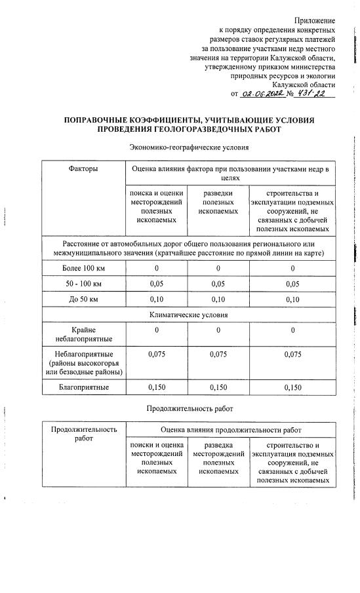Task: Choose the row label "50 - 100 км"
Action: point(83,284)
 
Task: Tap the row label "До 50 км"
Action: point(83,299)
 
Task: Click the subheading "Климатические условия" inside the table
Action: point(188,315)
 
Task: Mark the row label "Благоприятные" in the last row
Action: point(83,387)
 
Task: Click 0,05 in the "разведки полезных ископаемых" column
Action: point(218,284)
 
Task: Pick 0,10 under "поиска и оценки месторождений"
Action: point(157,299)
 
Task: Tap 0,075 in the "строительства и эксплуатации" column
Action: point(292,354)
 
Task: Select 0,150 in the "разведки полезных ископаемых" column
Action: point(218,387)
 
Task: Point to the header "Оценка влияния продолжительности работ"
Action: point(231,430)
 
